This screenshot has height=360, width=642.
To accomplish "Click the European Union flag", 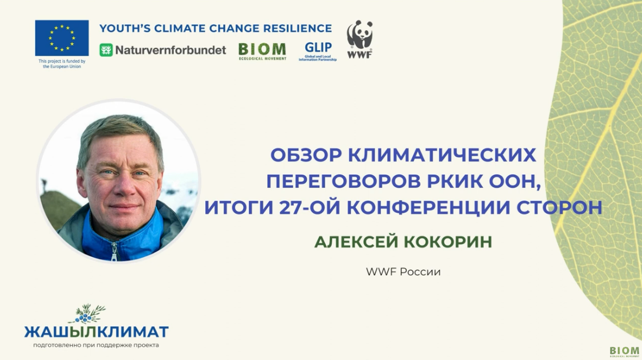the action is click(x=62, y=38).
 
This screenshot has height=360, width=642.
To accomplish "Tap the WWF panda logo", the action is click(x=360, y=39).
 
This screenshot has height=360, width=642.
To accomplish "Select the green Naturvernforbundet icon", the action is click(x=106, y=50).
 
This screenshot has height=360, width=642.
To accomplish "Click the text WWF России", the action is click(x=403, y=272).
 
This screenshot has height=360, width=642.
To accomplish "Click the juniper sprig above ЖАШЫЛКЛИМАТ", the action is click(x=89, y=313).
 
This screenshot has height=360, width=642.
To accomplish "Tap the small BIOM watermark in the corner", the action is click(x=624, y=351).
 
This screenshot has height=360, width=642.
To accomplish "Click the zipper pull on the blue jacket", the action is click(x=114, y=251).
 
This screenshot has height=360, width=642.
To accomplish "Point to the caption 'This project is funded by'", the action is click(x=62, y=61).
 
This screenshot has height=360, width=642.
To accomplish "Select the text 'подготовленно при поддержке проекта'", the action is click(x=96, y=345).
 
